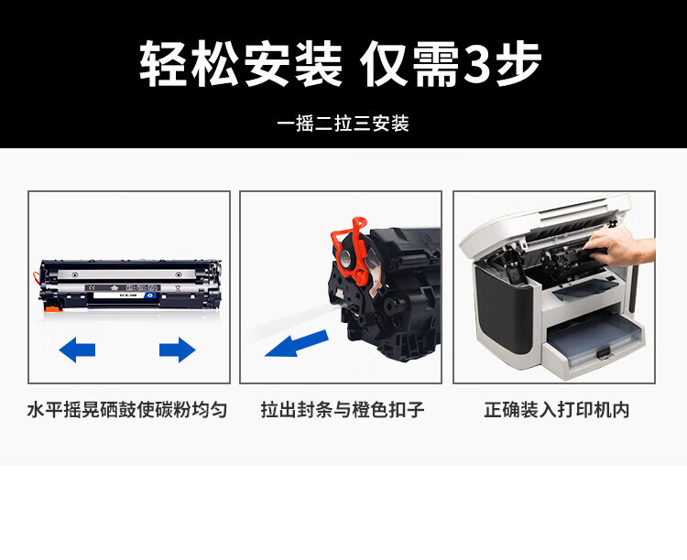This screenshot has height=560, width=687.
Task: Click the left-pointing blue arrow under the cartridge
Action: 77,349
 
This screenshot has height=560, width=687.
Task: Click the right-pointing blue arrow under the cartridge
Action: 177,349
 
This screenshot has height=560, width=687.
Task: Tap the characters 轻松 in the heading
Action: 190,65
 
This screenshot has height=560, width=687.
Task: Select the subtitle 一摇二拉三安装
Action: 343,124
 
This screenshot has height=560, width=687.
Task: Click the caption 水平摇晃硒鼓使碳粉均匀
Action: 128,409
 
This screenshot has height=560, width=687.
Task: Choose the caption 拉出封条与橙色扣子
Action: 342,409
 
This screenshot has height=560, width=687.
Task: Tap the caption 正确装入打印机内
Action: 556,409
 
